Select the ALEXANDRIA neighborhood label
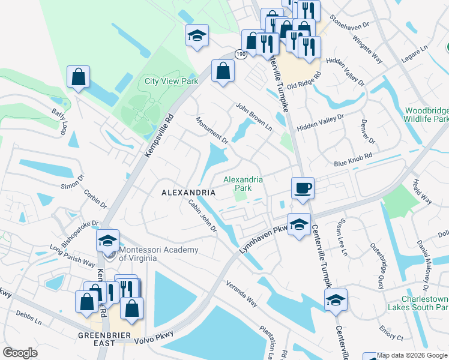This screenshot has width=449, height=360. click(x=188, y=193)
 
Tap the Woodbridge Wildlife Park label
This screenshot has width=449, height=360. click(x=426, y=115)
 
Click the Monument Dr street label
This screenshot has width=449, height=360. click(x=212, y=131)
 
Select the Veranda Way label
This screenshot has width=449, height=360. click(x=242, y=294)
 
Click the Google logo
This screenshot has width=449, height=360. click(x=20, y=353)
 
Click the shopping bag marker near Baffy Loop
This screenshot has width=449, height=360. click(x=78, y=77)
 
